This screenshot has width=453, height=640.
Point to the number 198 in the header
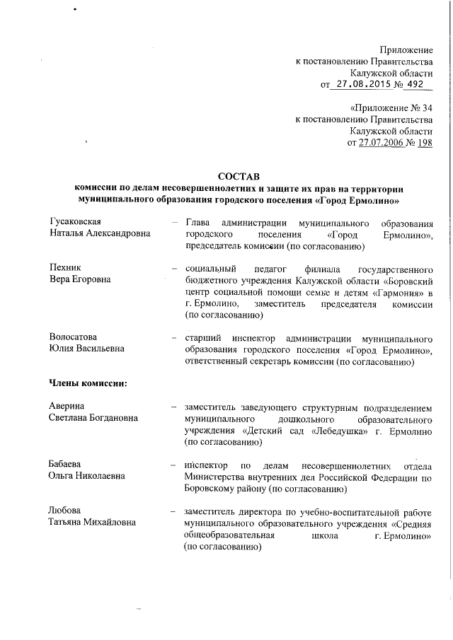[424, 142]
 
